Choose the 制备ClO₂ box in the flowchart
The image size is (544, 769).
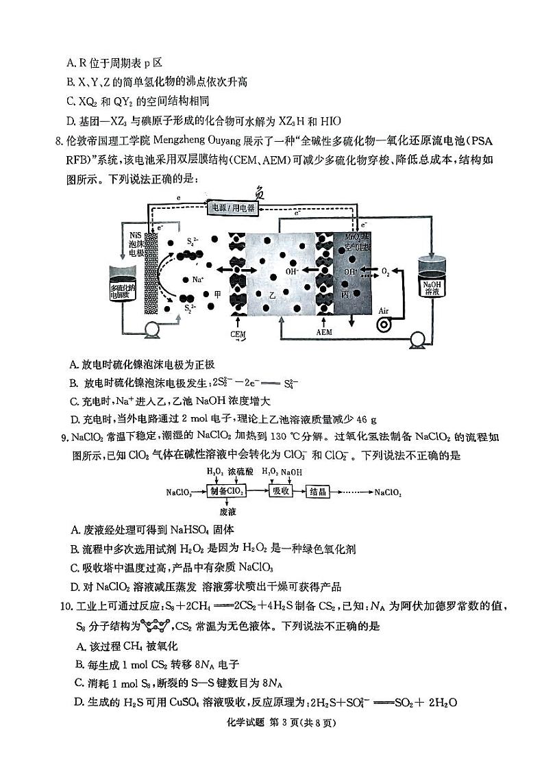coord(225,492)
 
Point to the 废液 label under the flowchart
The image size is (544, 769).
coord(227,511)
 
